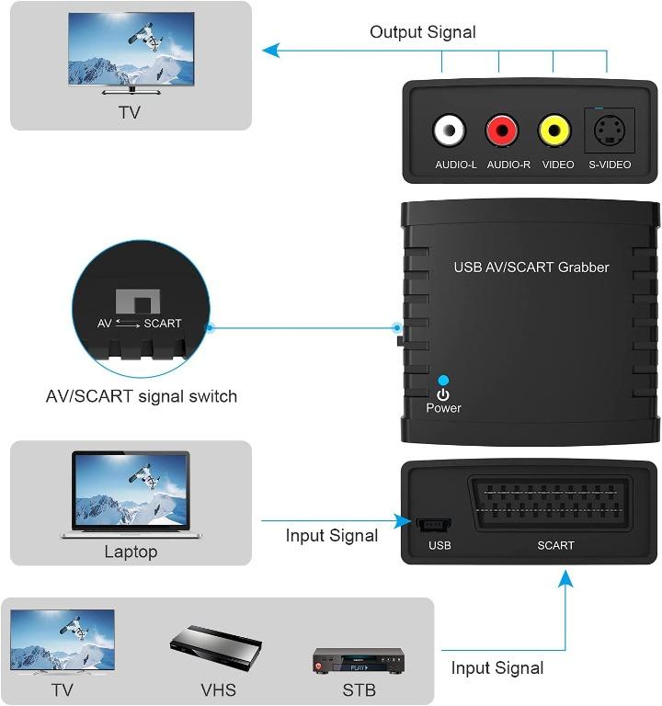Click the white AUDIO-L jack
(450, 131)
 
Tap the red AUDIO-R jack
(502, 131)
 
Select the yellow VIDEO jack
(554, 131)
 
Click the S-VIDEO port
(609, 131)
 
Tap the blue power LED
(443, 380)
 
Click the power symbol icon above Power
(443, 394)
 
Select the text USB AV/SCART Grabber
(531, 268)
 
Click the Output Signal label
(422, 32)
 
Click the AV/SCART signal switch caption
(142, 396)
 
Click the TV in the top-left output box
(131, 52)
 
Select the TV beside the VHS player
(63, 642)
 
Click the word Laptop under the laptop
(130, 552)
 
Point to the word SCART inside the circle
(163, 324)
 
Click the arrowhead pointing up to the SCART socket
(566, 578)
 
